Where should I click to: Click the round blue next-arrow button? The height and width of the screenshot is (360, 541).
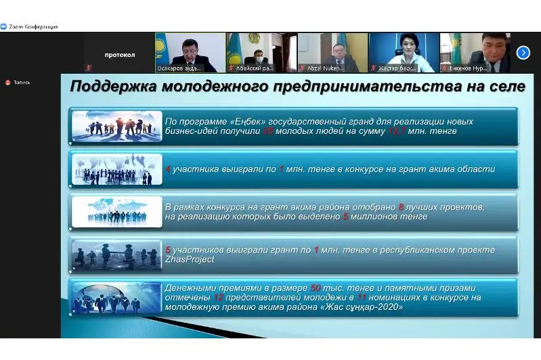(523, 52)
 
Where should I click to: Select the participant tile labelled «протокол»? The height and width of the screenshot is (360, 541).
(119, 54)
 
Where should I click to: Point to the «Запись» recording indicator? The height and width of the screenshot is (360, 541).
(22, 83)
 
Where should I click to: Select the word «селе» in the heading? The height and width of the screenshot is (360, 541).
(504, 87)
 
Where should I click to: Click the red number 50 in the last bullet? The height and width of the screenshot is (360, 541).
(316, 288)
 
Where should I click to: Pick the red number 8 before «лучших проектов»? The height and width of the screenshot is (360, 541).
(401, 206)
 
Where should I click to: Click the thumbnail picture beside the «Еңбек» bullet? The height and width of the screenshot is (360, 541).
(116, 126)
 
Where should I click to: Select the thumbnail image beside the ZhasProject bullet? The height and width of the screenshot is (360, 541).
(116, 254)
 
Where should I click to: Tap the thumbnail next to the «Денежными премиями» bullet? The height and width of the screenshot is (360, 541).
(116, 297)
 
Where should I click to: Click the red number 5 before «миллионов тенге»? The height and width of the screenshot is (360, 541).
(345, 217)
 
